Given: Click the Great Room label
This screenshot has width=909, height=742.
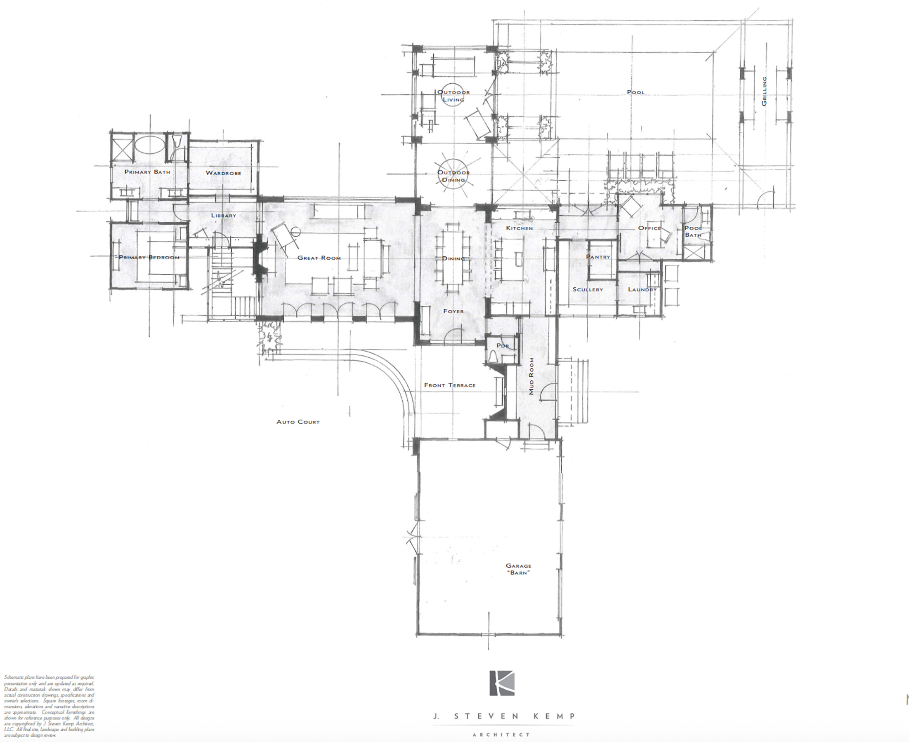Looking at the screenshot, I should [x=319, y=258].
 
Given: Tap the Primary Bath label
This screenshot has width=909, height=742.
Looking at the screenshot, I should [x=147, y=172].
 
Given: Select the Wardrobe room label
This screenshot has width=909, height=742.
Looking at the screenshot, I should [x=223, y=173].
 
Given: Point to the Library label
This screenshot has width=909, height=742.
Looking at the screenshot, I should [x=223, y=216].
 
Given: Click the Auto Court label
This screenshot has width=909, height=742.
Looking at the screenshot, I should [x=298, y=422].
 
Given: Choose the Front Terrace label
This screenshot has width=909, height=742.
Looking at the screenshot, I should [x=450, y=385].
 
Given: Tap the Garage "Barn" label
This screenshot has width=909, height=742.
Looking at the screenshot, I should [x=518, y=569].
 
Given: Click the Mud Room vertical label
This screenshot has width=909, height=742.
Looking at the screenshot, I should [x=531, y=376].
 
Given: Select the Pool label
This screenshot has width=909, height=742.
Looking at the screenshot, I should [x=635, y=92].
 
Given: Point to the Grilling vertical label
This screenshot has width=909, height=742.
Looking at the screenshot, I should [x=764, y=92].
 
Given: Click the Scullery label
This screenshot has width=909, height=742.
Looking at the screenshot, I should [x=588, y=289].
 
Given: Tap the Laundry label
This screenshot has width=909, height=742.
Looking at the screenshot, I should [x=642, y=289].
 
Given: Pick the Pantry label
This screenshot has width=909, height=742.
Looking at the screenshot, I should [x=598, y=257].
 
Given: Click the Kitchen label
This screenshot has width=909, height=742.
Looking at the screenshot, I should [x=519, y=228].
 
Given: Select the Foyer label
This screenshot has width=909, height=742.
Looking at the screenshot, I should [x=453, y=311].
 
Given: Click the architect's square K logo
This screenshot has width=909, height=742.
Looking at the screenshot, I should [x=502, y=683].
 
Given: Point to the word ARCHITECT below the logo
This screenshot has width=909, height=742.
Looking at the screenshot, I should [x=501, y=735].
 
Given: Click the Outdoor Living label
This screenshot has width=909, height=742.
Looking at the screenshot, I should [x=453, y=96].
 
